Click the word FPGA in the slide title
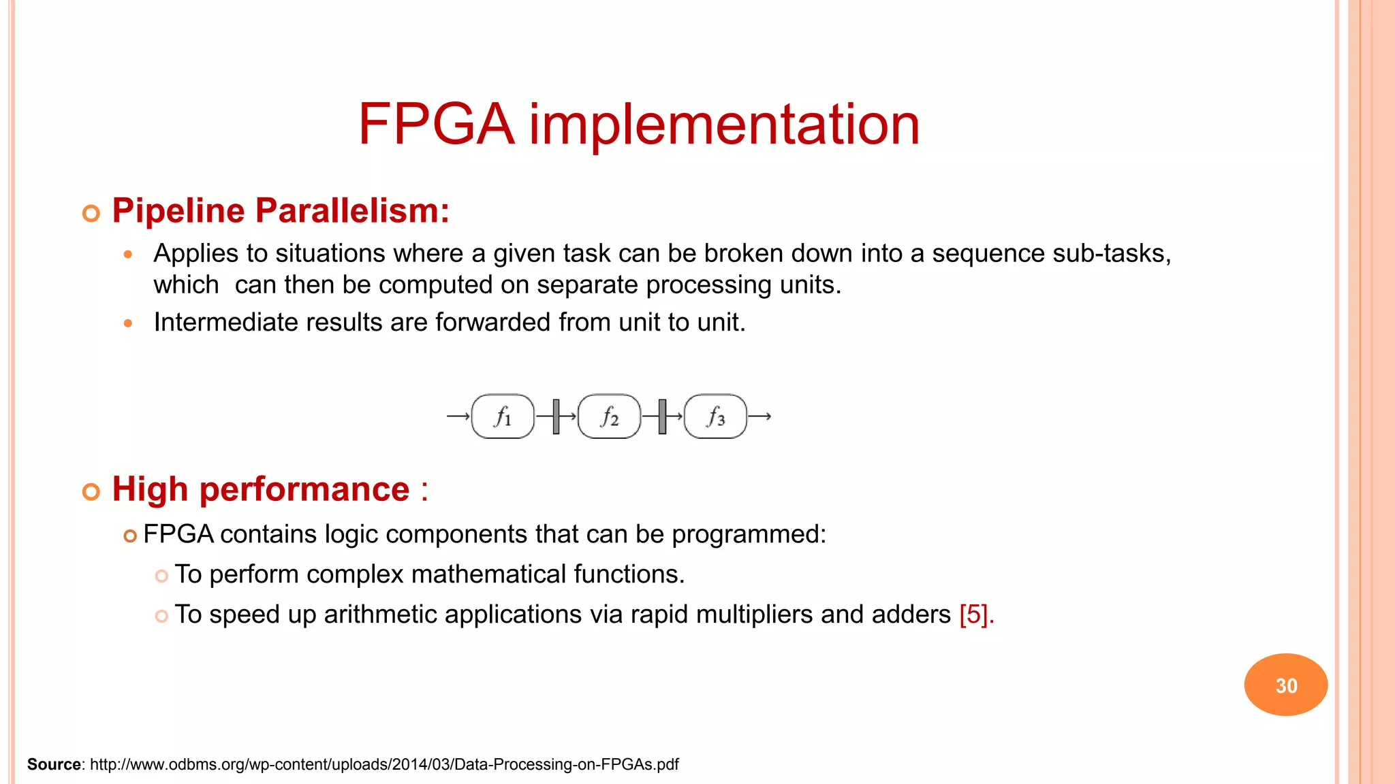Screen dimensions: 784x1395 (436, 125)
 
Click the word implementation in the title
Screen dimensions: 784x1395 (724, 125)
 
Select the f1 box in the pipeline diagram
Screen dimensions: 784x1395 (503, 416)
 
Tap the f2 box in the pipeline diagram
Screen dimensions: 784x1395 (609, 416)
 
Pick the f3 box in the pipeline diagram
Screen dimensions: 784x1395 (715, 416)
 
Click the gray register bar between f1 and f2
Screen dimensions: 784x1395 (556, 416)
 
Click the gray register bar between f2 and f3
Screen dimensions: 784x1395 (662, 416)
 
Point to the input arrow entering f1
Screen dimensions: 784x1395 (458, 416)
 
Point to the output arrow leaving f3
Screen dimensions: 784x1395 (759, 416)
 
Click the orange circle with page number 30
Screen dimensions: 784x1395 (1285, 685)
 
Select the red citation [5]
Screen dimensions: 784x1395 (976, 615)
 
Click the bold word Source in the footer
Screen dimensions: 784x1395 (54, 764)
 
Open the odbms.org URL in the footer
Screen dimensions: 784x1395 (384, 764)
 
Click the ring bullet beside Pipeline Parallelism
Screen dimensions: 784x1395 (91, 214)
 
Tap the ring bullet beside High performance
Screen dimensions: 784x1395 (91, 491)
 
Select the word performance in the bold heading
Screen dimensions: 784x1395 (304, 489)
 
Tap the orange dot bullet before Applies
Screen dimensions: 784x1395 (127, 255)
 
